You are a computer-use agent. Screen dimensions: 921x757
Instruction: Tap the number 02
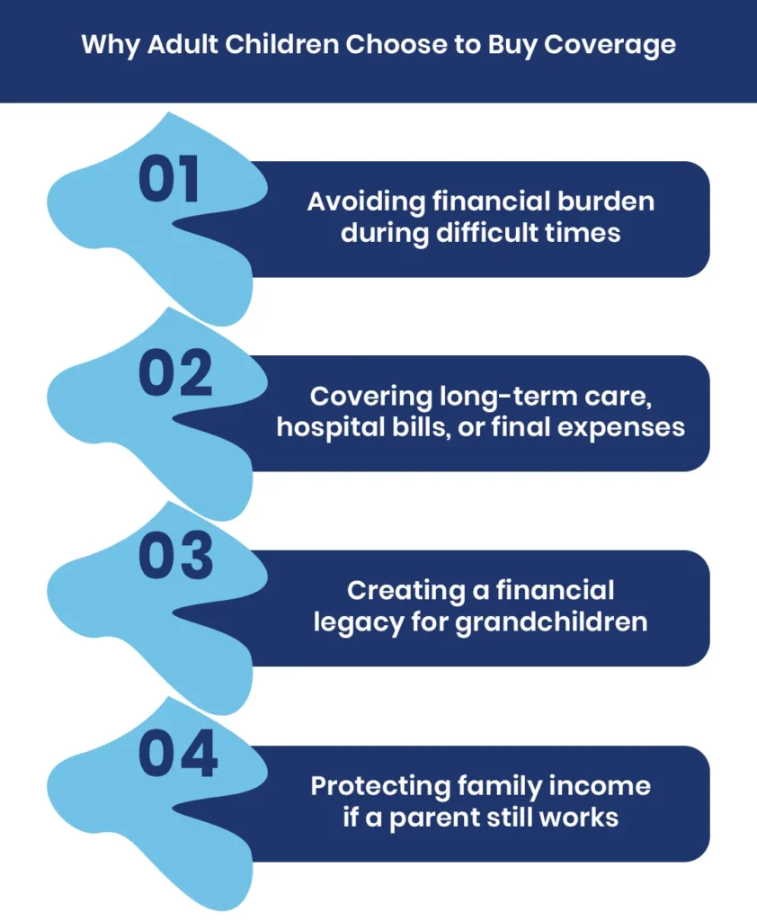point(174,375)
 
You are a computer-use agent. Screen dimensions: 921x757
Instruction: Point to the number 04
point(177,756)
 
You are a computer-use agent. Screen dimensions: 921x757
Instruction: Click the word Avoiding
point(361,201)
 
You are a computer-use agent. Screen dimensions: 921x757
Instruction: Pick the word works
point(583,818)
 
